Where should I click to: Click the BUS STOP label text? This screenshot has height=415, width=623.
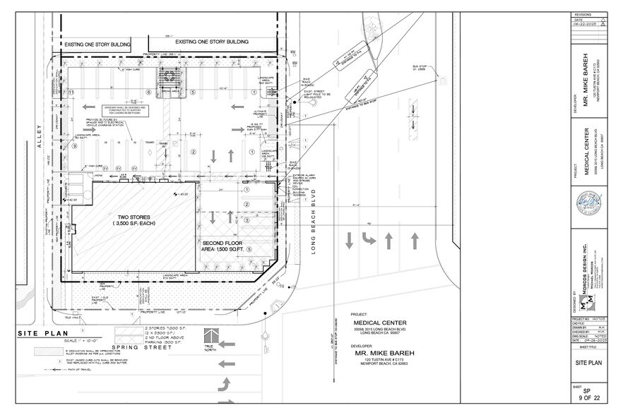[x=422, y=68]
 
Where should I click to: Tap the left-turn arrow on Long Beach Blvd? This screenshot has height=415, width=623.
[x=369, y=240]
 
